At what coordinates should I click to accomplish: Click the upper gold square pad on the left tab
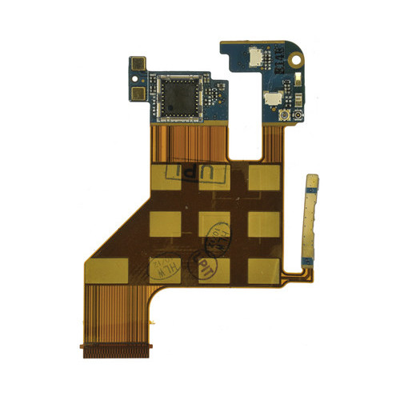138,63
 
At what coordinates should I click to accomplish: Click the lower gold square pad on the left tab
138,93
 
